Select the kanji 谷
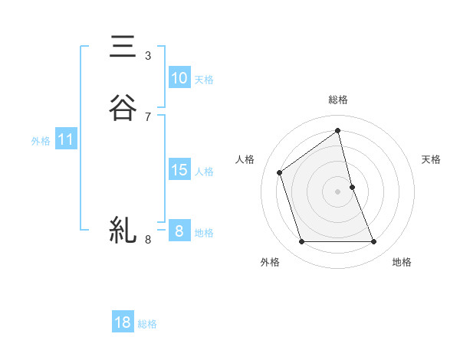pos(123,107)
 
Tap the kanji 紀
pos(123,229)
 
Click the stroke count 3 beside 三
pos(148,56)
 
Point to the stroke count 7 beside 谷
pos(148,117)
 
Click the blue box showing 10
pos(179,78)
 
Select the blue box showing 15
pos(179,170)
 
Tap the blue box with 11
pos(65,140)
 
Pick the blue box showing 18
pos(123,322)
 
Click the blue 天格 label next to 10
pos(204,80)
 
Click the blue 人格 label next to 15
pos(204,172)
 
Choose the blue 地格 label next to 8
pos(204,233)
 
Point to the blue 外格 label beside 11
pos(40,141)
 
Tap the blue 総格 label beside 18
pos(147,324)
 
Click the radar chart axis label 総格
pos(338,100)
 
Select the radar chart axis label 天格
pos(432,159)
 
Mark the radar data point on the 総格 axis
pos(338,130)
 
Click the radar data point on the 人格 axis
pos(280,172)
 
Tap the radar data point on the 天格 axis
pos(353,187)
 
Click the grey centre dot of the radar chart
pos(338,191)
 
